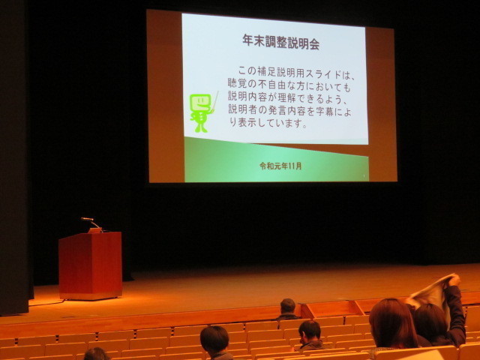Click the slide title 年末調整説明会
pos(281,42)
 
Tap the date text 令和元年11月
pos(280,166)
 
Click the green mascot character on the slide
pos(201,113)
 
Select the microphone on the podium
pos(91,222)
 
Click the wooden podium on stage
pos(91,265)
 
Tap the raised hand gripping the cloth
pos(454,280)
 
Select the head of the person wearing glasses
pos(310,331)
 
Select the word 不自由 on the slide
pos(278,85)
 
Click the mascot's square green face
pos(200,103)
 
